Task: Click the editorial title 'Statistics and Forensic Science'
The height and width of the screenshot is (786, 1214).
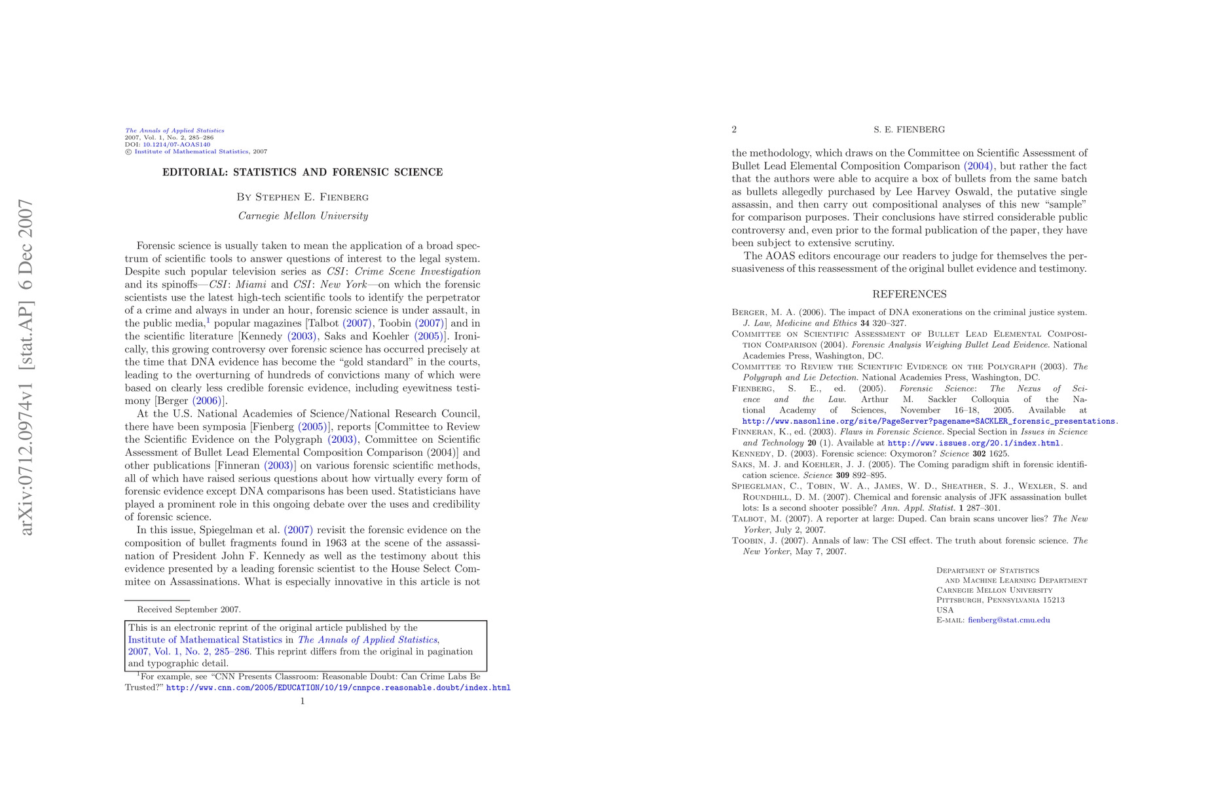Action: pyautogui.click(x=303, y=172)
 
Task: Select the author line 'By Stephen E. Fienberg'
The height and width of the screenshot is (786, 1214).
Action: pyautogui.click(x=303, y=196)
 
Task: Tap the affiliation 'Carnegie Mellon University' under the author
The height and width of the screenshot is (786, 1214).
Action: pyautogui.click(x=303, y=215)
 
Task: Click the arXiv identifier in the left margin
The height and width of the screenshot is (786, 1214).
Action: pyautogui.click(x=27, y=367)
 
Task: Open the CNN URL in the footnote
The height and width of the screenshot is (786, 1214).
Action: pyautogui.click(x=338, y=688)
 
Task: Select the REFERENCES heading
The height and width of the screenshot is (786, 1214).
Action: pyautogui.click(x=909, y=294)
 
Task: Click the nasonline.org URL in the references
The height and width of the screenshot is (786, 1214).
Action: pyautogui.click(x=928, y=421)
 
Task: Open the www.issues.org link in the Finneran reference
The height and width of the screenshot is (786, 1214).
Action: pyautogui.click(x=973, y=443)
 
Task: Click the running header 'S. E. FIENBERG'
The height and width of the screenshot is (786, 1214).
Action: pyautogui.click(x=909, y=130)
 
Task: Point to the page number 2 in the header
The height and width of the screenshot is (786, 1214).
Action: pyautogui.click(x=734, y=130)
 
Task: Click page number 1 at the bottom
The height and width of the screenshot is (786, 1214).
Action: pyautogui.click(x=303, y=701)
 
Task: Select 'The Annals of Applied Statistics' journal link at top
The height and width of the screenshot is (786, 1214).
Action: pyautogui.click(x=175, y=130)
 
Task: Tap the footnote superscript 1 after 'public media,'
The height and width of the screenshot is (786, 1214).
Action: pyautogui.click(x=208, y=320)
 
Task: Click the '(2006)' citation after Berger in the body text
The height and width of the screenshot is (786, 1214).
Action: pyautogui.click(x=206, y=400)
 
